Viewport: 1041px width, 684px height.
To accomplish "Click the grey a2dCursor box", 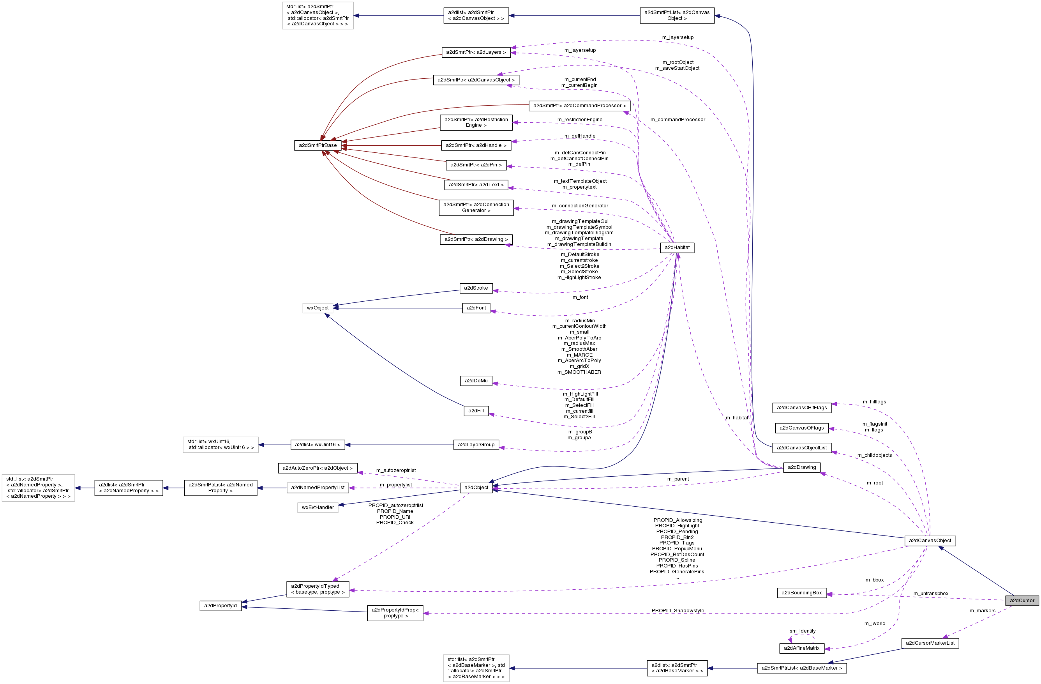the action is [1022, 601].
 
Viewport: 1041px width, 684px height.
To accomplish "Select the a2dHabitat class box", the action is [677, 248].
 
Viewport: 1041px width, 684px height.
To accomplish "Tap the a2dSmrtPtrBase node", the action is [318, 145].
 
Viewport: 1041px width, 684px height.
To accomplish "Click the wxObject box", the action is [318, 308].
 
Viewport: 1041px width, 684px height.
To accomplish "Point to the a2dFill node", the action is [476, 411].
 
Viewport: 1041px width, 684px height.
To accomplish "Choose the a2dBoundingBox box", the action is [801, 593].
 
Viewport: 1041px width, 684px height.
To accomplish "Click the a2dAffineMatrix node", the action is [801, 648].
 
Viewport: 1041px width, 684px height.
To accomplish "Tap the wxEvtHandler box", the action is [318, 507].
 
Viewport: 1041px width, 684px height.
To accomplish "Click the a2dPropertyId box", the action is [221, 606].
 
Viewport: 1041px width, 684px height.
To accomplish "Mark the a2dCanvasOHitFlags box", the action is [801, 408].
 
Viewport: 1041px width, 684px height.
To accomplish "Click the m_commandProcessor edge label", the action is [678, 120].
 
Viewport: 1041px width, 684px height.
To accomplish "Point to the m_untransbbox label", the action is [931, 594].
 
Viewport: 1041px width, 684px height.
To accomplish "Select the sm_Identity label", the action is [802, 631].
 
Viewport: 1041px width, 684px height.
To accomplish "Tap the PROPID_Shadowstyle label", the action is [678, 610].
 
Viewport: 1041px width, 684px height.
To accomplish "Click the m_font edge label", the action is [580, 298].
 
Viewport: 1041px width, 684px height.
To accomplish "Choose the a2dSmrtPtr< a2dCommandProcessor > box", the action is [579, 106].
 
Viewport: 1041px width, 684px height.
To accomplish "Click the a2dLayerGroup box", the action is [476, 445].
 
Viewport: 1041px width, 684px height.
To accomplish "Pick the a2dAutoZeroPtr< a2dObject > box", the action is [318, 468].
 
